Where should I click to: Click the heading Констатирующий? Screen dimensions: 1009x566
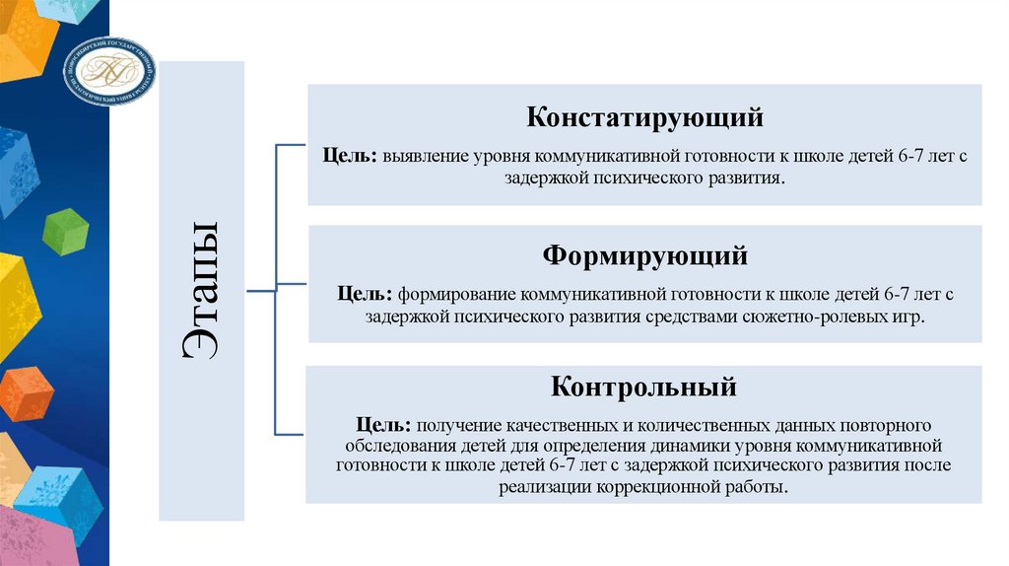pyautogui.click(x=644, y=118)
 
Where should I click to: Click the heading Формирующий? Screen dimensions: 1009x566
pyautogui.click(x=644, y=256)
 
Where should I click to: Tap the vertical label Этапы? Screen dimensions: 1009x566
pyautogui.click(x=201, y=291)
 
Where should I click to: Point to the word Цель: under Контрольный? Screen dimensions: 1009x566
pyautogui.click(x=384, y=425)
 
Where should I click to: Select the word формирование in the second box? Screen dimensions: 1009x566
pyautogui.click(x=457, y=295)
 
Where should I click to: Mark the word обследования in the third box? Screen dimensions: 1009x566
pyautogui.click(x=393, y=446)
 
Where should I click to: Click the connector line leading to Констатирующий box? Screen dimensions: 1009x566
pyautogui.click(x=292, y=145)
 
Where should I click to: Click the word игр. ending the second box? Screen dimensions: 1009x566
pyautogui.click(x=911, y=318)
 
